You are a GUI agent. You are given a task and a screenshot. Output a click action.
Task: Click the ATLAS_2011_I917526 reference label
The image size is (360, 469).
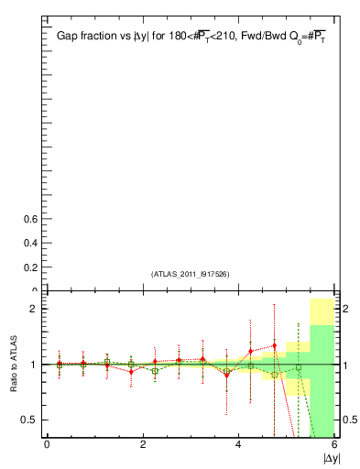(190, 274)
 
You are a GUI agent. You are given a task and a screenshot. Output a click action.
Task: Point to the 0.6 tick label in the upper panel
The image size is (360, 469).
(30, 220)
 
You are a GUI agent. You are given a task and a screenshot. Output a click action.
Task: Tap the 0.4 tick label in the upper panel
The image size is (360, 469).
(30, 244)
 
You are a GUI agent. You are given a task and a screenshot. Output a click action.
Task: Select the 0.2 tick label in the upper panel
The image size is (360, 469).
(30, 267)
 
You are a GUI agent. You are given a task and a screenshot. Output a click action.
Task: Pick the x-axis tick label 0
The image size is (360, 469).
(47, 444)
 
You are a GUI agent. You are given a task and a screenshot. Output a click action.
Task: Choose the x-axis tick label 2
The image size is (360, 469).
(143, 444)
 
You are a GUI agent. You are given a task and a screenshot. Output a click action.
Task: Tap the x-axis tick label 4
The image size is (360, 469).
(238, 444)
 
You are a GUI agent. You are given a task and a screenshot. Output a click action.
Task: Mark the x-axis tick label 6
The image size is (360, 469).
(334, 444)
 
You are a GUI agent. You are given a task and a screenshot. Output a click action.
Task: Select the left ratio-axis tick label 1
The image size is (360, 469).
(34, 365)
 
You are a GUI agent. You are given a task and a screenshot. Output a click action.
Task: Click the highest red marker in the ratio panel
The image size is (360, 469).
(274, 346)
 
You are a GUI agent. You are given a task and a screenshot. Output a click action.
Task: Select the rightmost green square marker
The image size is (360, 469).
(298, 368)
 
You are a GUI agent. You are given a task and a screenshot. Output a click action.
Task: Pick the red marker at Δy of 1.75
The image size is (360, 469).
(131, 372)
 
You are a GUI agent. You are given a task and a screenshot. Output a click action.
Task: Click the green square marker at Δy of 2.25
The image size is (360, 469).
(155, 371)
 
